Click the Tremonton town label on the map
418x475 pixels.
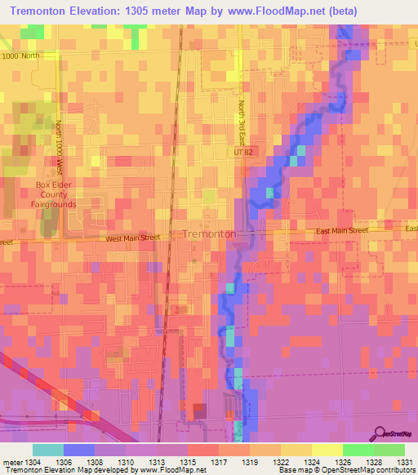click(209, 233)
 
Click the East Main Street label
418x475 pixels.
click(343, 231)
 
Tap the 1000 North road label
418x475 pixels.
click(20, 56)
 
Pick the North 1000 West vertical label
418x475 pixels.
click(59, 148)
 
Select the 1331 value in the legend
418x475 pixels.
click(403, 461)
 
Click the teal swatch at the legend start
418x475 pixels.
click(48, 450)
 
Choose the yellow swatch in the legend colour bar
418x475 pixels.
click(327, 450)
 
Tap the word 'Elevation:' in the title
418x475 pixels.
click(111, 11)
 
